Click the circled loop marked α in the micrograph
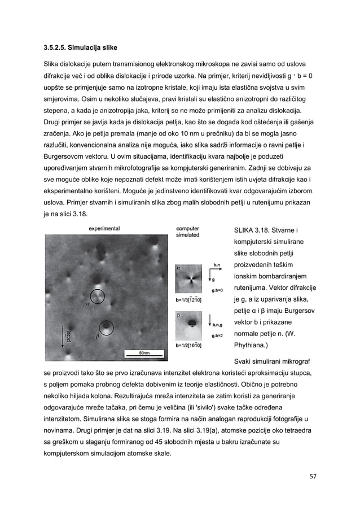[x=97, y=296]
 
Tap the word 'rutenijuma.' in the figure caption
[x=254, y=287]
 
